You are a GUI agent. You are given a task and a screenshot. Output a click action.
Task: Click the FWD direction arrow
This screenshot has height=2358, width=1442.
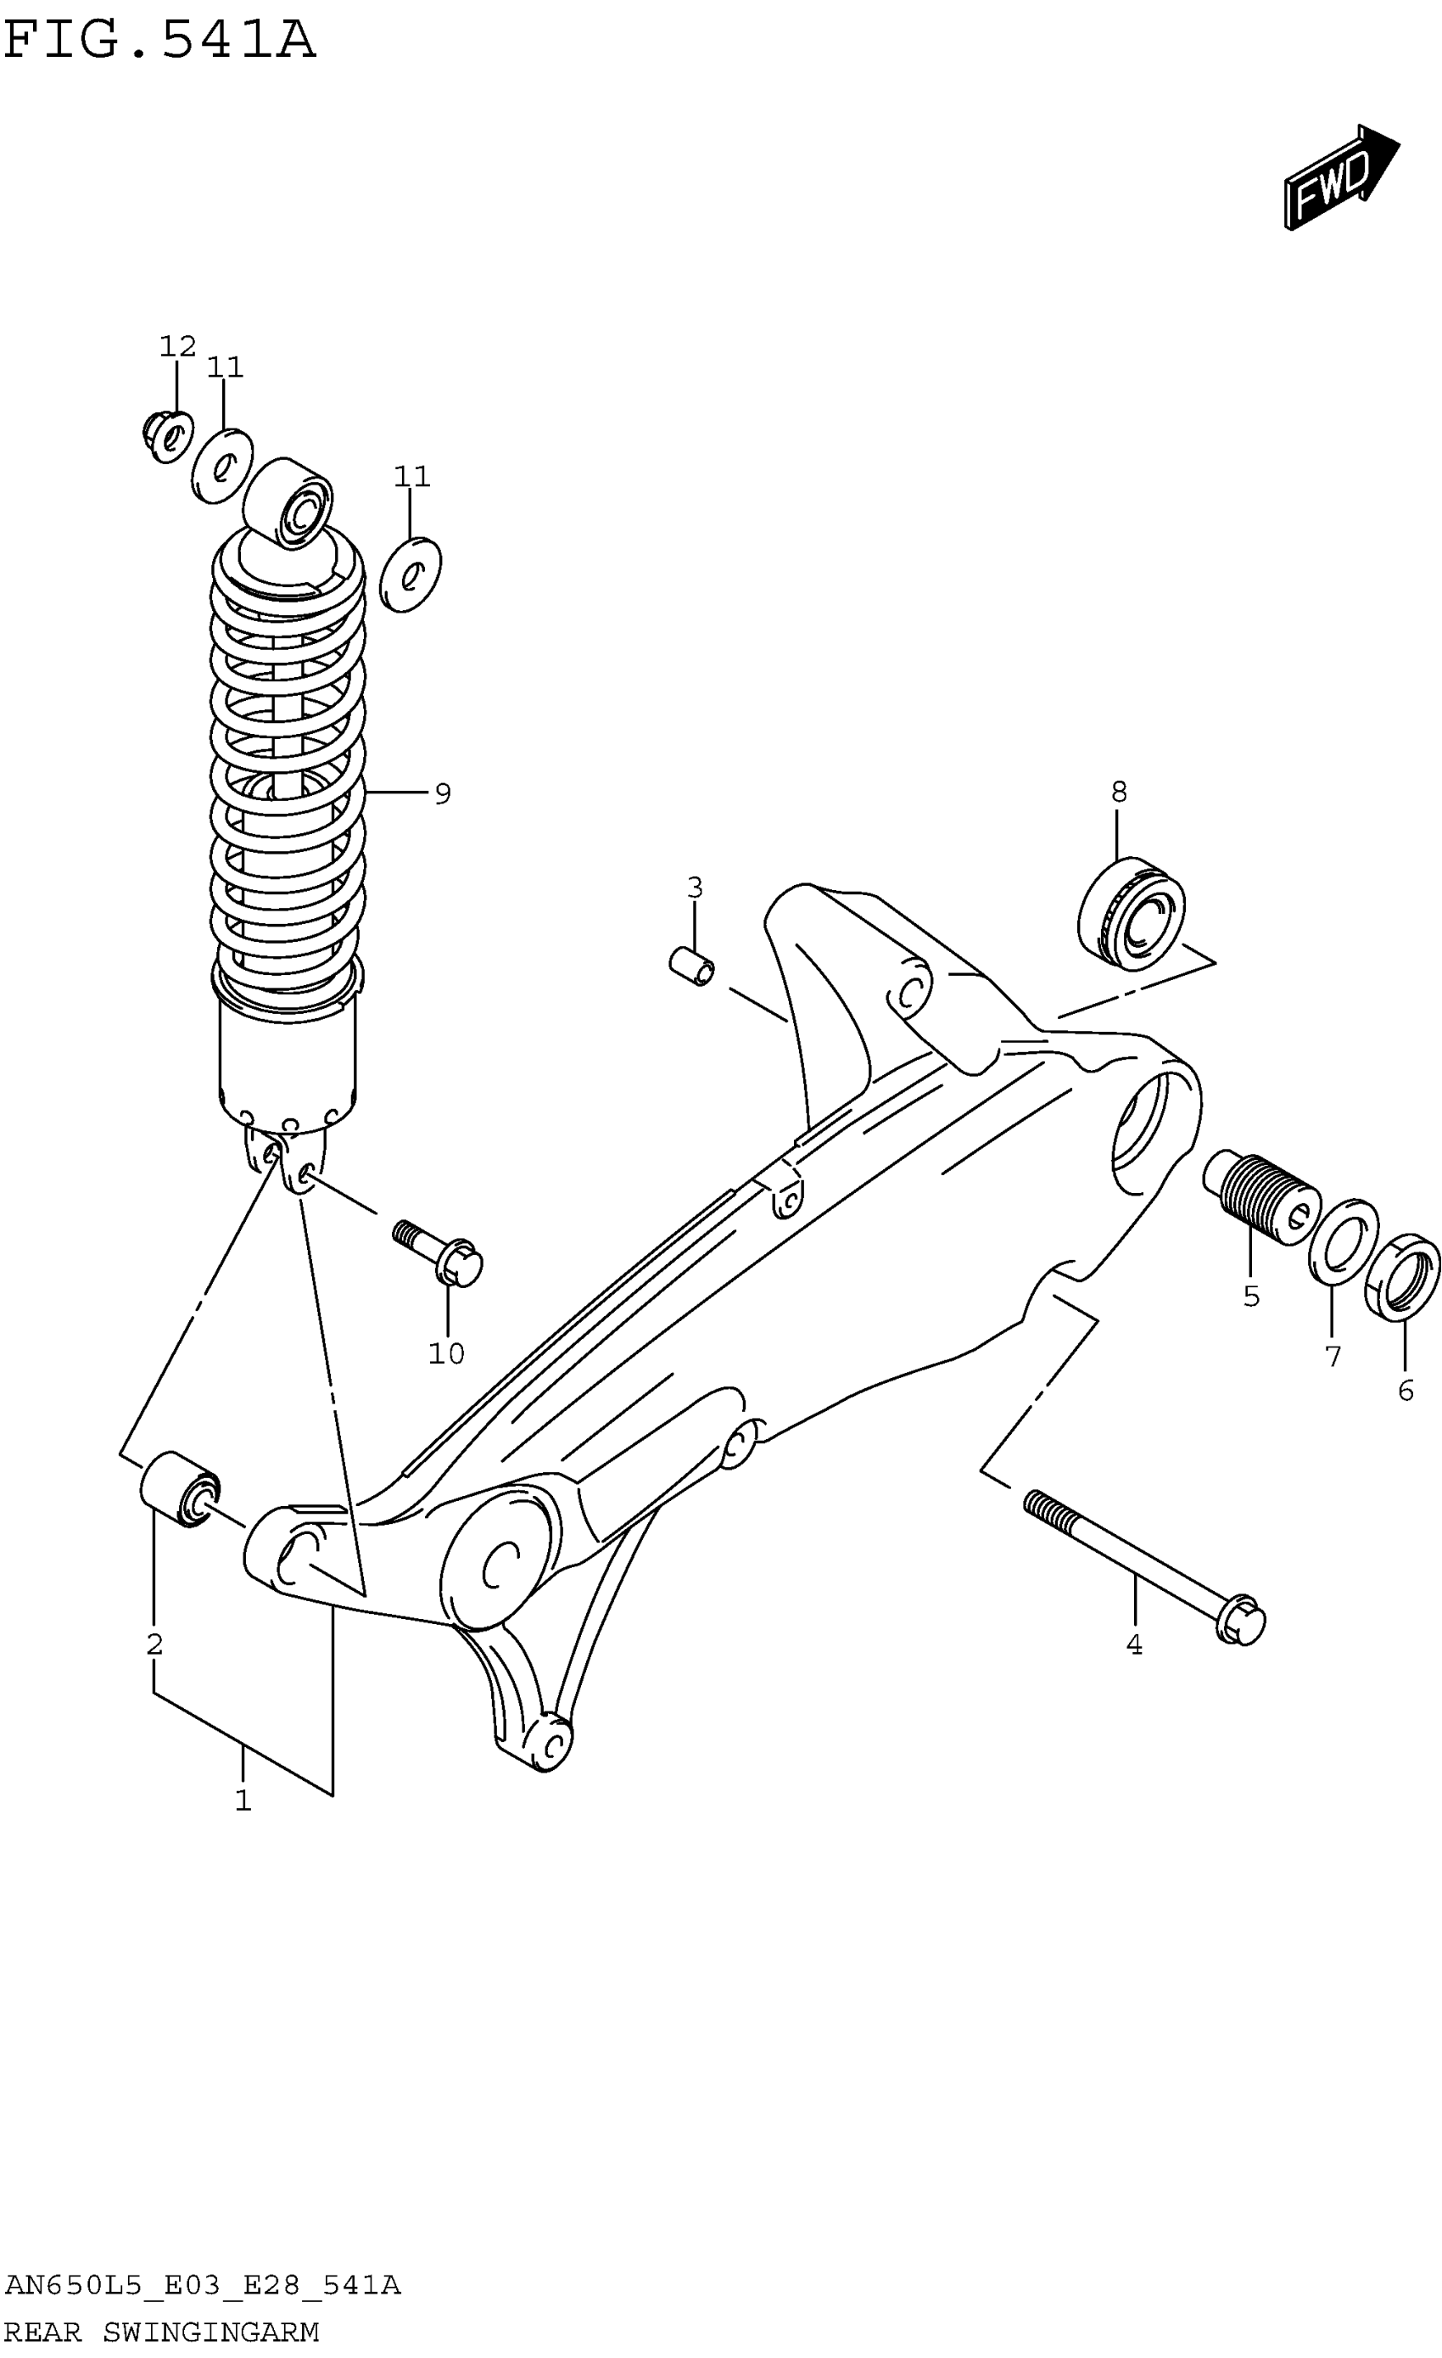[1339, 178]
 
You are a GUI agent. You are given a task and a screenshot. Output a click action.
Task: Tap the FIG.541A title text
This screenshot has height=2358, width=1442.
[159, 41]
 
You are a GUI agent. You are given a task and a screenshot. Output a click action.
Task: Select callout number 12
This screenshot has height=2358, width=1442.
[178, 346]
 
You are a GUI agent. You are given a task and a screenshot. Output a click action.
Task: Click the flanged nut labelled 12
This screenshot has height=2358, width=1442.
[167, 436]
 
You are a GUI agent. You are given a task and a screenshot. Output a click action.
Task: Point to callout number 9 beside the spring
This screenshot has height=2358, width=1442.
[442, 793]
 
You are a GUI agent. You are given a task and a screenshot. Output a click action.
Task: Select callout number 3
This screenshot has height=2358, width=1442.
[695, 888]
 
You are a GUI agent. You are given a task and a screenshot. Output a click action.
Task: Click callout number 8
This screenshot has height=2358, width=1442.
[1119, 793]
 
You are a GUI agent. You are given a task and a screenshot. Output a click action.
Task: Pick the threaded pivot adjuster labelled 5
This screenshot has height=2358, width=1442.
[1260, 1200]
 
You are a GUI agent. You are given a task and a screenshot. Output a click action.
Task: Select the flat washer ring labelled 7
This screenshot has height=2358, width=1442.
[1344, 1242]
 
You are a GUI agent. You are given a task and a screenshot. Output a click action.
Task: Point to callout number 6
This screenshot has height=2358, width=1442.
[1405, 1391]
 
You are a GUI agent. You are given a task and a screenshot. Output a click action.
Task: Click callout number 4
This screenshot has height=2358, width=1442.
[1134, 1644]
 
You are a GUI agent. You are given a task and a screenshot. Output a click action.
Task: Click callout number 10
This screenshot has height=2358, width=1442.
[446, 1353]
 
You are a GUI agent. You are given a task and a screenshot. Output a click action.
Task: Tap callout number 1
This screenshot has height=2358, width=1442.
[243, 1800]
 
